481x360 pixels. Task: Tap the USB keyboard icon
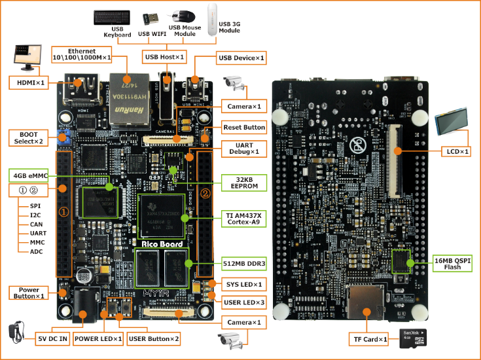click(113, 18)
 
